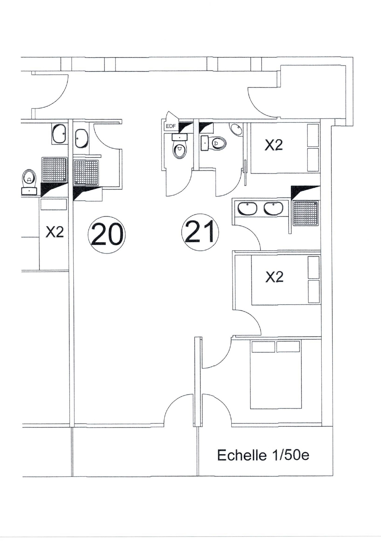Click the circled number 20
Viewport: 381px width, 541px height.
pos(107,235)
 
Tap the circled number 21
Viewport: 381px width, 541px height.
pos(200,232)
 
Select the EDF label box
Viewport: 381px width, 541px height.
pos(170,126)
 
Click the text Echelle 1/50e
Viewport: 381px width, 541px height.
pos(263,455)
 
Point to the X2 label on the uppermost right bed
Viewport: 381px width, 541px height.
pos(274,145)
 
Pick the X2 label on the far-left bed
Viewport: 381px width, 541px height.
pos(55,232)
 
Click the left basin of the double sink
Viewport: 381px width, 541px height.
pos(247,208)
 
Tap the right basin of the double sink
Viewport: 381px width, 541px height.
pos(274,208)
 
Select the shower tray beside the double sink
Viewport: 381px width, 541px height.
pos(306,213)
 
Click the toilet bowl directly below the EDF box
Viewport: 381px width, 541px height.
pos(180,150)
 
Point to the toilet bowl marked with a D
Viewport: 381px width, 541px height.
pos(219,143)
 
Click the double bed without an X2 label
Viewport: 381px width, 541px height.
pos(276,374)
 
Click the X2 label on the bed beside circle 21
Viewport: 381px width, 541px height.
pos(274,277)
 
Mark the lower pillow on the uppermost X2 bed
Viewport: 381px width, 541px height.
pos(313,160)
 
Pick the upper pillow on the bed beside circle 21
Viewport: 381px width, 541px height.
pos(314,267)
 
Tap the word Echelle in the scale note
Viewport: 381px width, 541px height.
pos(242,455)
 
